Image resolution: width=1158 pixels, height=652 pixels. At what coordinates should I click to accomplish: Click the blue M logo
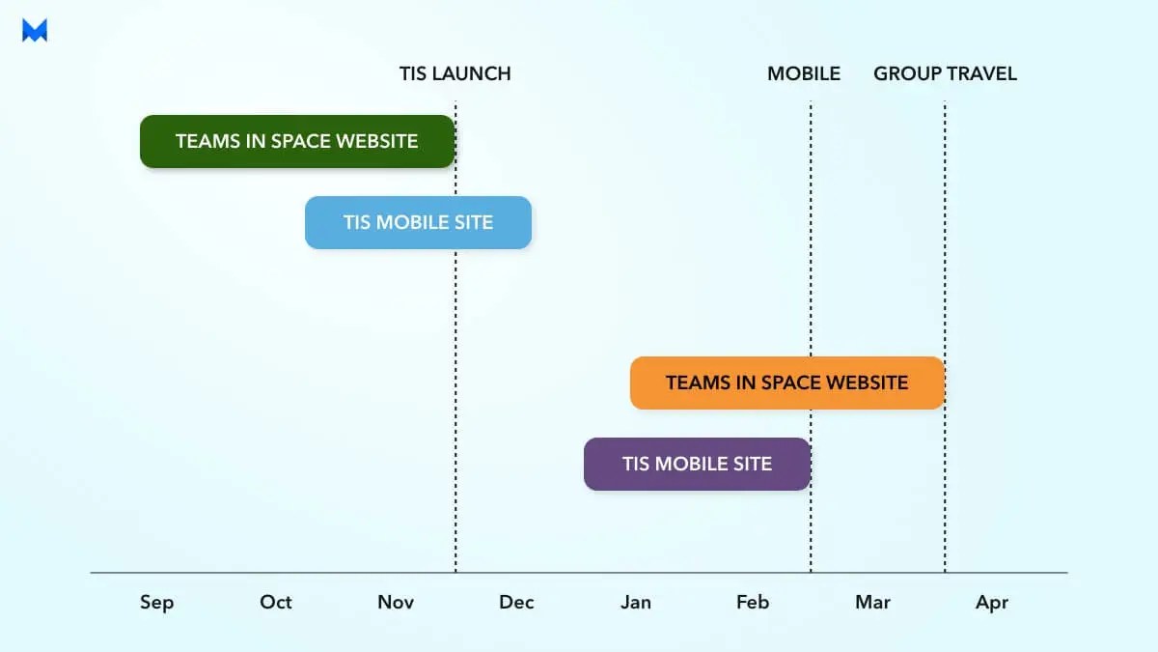tap(35, 31)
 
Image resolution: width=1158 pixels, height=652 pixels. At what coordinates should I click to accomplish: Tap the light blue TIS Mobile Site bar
tap(418, 222)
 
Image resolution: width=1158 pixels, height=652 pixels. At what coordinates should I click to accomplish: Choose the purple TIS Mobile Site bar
tap(697, 464)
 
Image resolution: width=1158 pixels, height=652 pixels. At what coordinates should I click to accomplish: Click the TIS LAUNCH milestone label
tap(455, 73)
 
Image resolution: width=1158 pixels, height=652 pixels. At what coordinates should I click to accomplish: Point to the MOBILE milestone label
tap(804, 73)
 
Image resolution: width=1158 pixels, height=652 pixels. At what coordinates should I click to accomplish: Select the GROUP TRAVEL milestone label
tap(945, 73)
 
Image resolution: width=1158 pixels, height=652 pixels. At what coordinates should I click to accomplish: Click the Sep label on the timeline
tap(156, 603)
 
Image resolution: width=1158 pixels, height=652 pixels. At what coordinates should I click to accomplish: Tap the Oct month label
tap(275, 602)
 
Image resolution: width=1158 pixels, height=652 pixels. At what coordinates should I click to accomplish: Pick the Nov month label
tap(396, 602)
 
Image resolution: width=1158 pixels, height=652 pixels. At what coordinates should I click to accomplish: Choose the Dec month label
tap(516, 602)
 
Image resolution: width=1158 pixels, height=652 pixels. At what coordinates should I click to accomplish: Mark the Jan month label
tap(636, 602)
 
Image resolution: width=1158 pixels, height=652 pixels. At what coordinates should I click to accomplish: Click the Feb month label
tap(753, 602)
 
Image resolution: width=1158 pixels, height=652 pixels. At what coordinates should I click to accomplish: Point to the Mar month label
tap(872, 602)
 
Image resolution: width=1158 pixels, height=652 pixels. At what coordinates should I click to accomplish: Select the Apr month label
tap(992, 603)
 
